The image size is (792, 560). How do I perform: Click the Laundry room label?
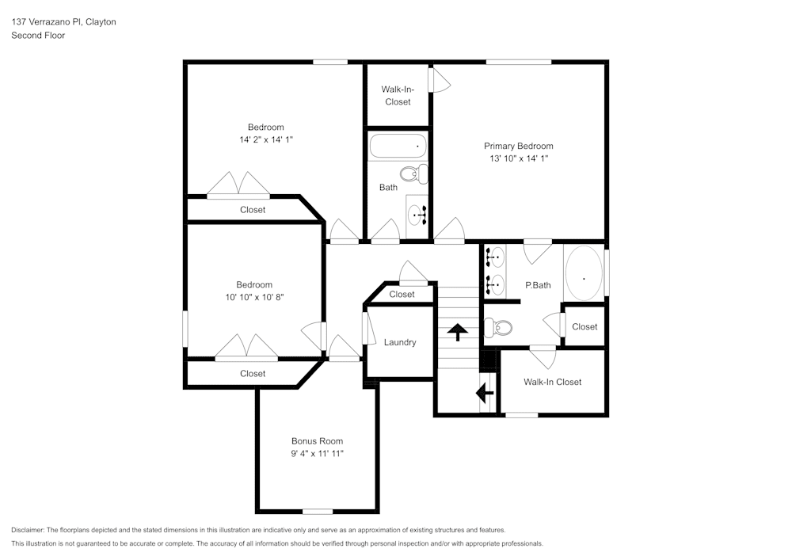[x=400, y=342]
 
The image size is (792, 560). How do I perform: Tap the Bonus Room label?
[x=317, y=441]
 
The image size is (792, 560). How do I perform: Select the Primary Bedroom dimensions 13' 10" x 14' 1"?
[x=519, y=158]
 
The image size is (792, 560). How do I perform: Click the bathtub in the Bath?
[x=398, y=147]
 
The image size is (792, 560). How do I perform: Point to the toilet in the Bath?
[x=413, y=174]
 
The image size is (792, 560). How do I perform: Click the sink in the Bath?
[x=417, y=213]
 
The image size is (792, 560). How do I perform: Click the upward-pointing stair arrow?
[x=458, y=330]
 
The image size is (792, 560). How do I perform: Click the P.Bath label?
[x=538, y=285]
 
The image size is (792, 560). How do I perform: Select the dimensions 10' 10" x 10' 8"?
[x=253, y=297]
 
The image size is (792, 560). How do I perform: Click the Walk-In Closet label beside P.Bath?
[x=552, y=382]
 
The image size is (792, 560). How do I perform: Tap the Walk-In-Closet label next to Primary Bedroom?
[x=398, y=96]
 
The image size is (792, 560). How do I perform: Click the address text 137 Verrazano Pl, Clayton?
[x=63, y=22]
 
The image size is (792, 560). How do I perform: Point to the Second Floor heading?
[x=38, y=36]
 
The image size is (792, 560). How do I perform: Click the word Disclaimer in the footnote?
[x=28, y=530]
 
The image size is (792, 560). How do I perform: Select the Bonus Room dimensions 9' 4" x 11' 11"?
[x=317, y=454]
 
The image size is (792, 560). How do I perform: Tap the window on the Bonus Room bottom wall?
[x=318, y=511]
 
